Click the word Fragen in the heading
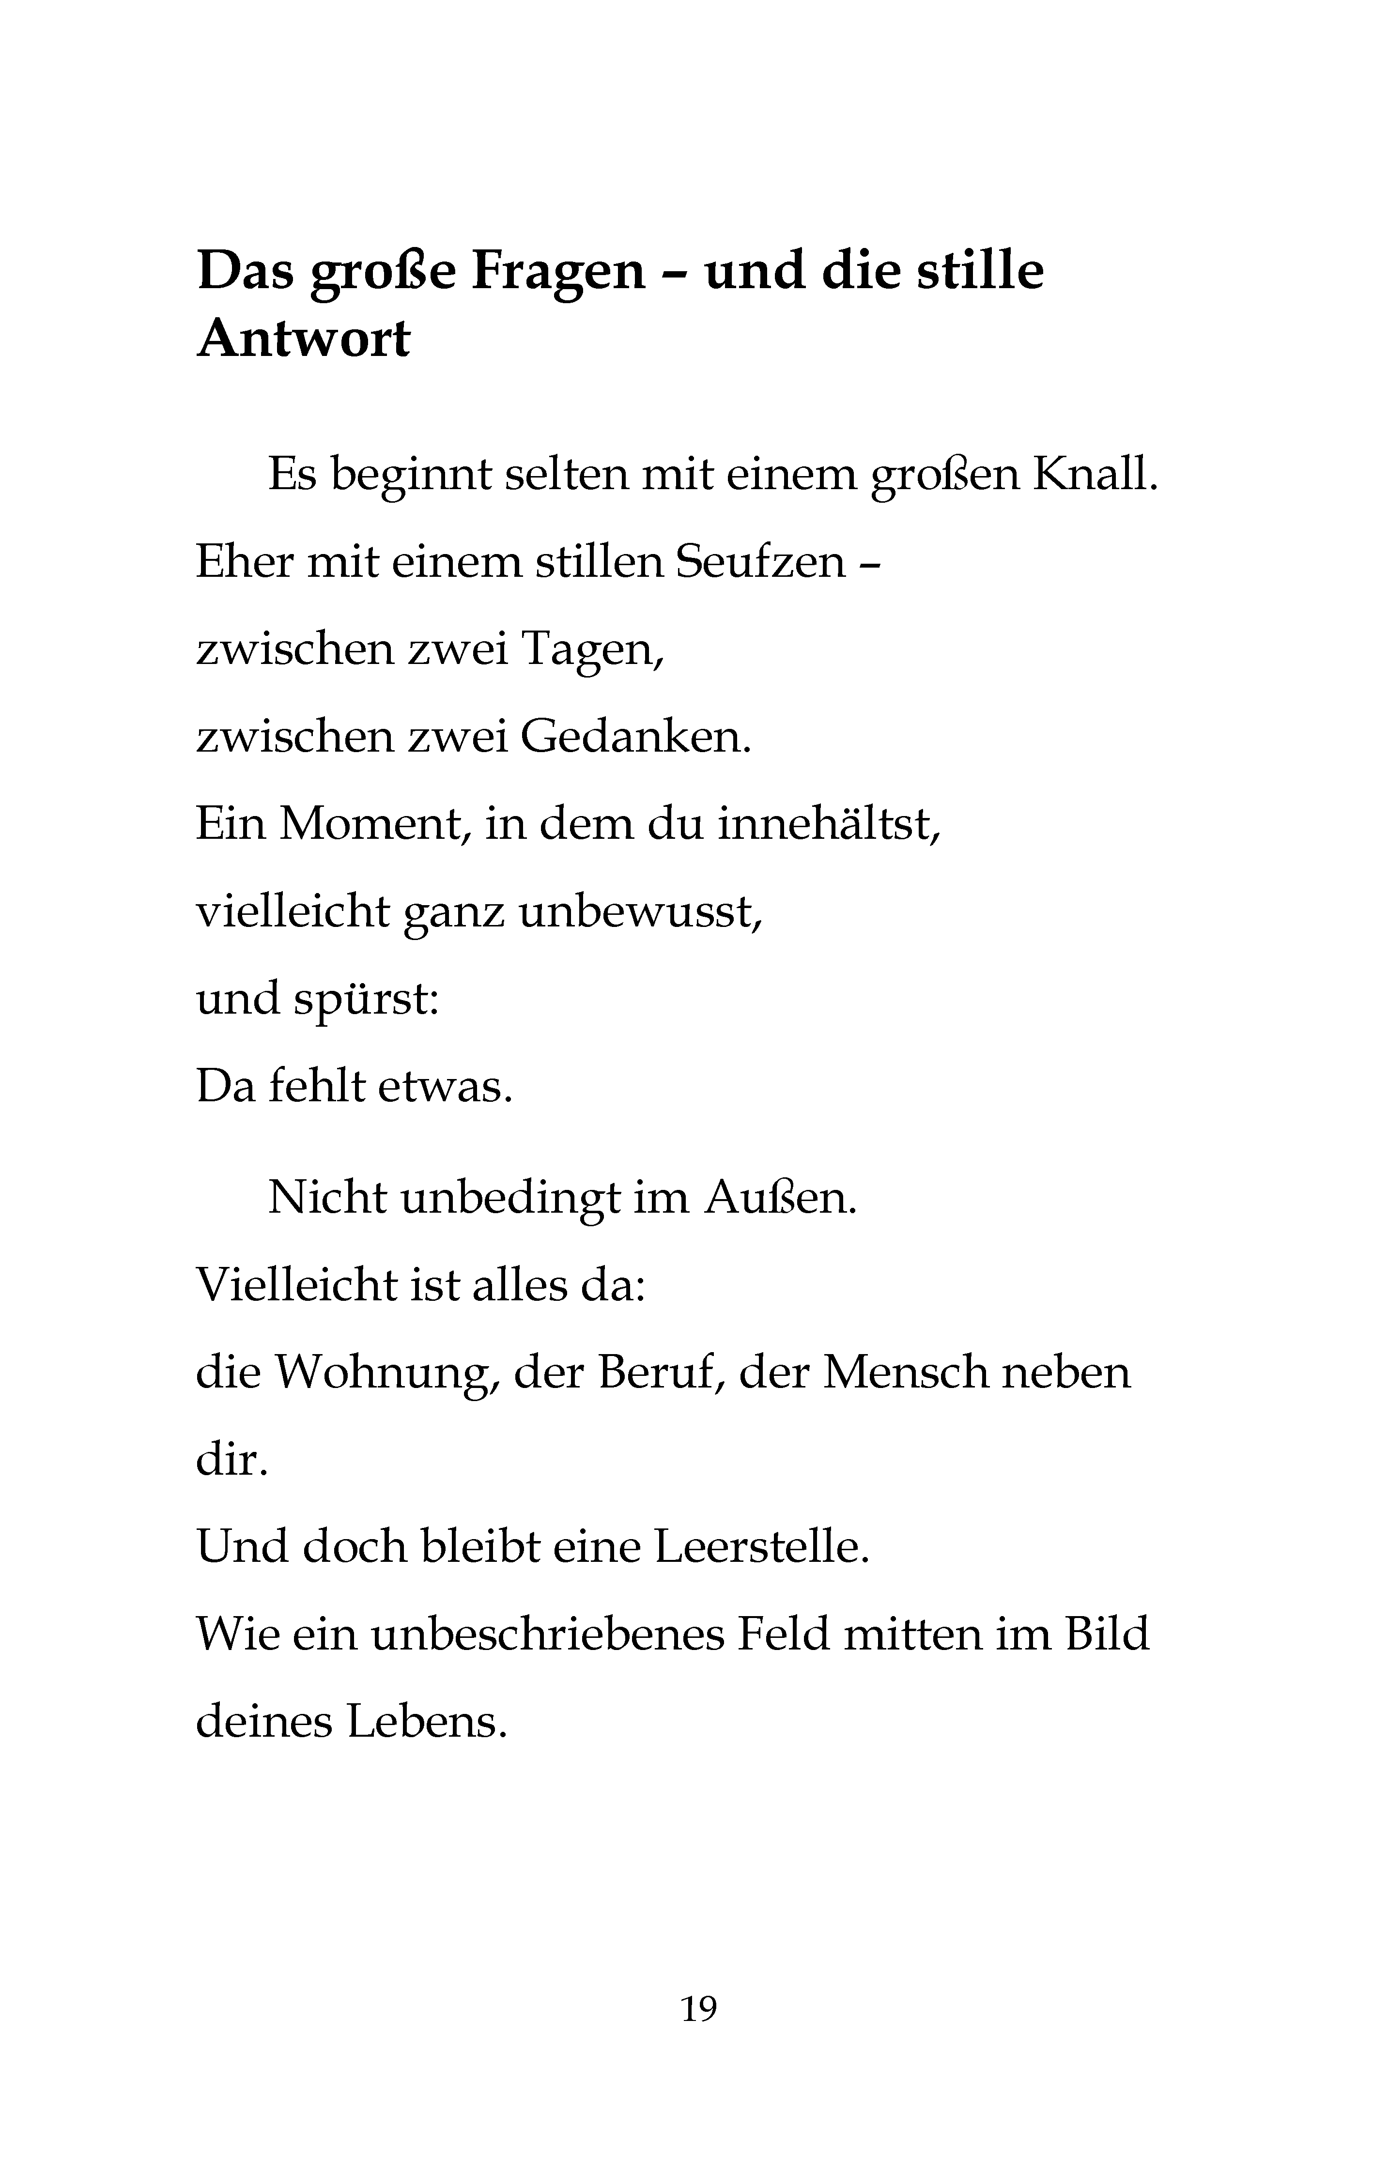(557, 272)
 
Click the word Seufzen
(760, 562)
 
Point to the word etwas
(444, 1086)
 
